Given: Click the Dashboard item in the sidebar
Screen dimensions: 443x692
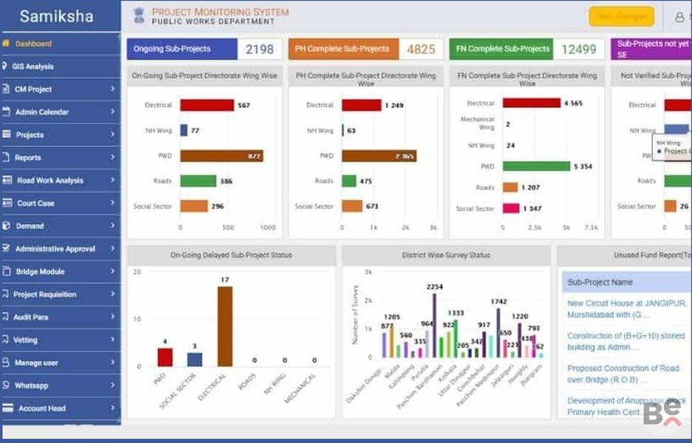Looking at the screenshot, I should click(x=33, y=44).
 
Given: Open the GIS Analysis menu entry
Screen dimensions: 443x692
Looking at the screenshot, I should click(x=32, y=66).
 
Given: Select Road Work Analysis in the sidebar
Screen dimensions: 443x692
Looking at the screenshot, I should click(x=49, y=180).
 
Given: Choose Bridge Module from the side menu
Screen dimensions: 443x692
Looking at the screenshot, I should click(x=40, y=272).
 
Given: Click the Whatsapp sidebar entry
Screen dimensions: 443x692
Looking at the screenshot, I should click(x=31, y=385).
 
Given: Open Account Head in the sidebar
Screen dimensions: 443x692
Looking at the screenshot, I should click(x=41, y=408).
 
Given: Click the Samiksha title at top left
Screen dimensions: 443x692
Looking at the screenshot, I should click(x=56, y=16).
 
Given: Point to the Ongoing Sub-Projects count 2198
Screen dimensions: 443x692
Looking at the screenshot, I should click(x=258, y=49).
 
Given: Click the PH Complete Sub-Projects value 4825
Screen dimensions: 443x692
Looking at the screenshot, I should click(x=420, y=49).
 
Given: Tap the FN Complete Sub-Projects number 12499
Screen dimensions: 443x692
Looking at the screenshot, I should click(x=578, y=49).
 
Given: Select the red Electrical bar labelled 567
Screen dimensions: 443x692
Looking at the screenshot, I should click(x=207, y=106).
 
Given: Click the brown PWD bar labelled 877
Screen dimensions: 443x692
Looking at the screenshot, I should click(x=221, y=156).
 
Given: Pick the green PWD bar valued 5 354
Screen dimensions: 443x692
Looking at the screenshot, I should click(x=536, y=166).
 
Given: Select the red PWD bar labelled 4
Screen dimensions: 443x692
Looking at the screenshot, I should click(x=165, y=357).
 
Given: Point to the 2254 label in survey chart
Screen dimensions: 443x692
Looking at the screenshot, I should click(x=434, y=286).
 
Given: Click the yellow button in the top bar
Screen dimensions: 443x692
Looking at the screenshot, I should click(x=621, y=16).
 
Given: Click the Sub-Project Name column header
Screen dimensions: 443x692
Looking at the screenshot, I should click(x=600, y=282).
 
